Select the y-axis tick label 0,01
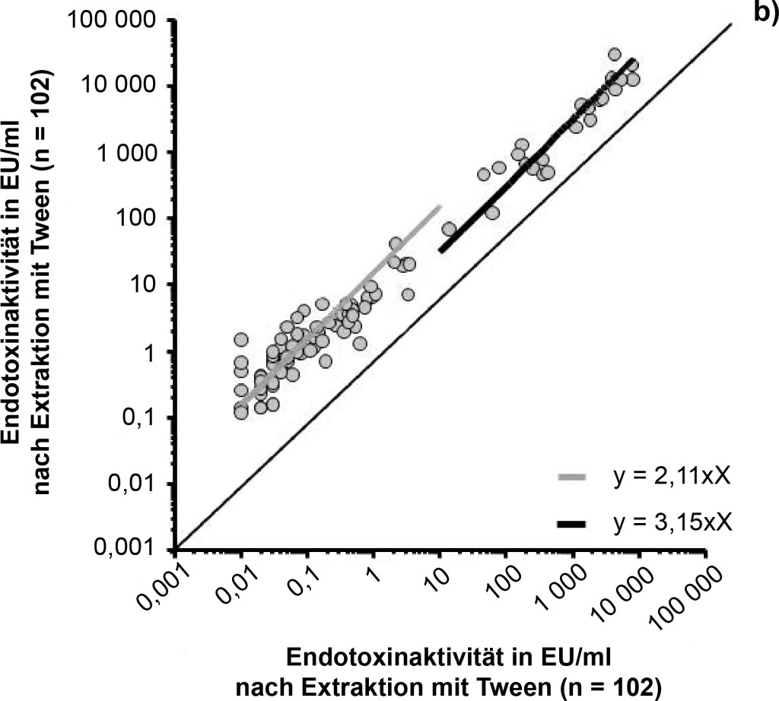144,483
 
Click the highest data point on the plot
615,54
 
